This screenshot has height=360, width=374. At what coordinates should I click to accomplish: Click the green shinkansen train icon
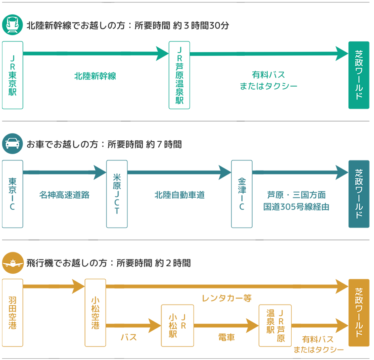pyautogui.click(x=12, y=25)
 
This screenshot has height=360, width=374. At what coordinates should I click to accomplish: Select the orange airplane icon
pyautogui.click(x=12, y=263)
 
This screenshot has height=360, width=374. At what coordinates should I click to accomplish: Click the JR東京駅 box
pyautogui.click(x=12, y=75)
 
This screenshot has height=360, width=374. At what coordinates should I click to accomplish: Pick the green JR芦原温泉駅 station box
pyautogui.click(x=179, y=75)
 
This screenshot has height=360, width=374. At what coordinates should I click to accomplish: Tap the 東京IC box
pyautogui.click(x=12, y=194)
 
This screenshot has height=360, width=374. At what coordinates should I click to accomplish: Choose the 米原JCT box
pyautogui.click(x=117, y=194)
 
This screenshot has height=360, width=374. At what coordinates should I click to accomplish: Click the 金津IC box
pyautogui.click(x=242, y=194)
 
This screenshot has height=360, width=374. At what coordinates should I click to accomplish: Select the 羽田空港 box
pyautogui.click(x=12, y=313)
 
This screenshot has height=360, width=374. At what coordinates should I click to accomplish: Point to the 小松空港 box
pyautogui.click(x=95, y=313)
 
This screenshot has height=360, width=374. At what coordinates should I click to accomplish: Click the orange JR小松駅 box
pyautogui.click(x=177, y=325)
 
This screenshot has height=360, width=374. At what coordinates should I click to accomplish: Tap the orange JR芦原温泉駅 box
pyautogui.click(x=275, y=325)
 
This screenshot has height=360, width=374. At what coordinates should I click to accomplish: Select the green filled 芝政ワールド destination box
pyautogui.click(x=359, y=75)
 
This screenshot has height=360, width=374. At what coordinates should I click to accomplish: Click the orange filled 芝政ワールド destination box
pyautogui.click(x=359, y=313)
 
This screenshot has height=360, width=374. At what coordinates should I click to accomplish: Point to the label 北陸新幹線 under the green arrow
pyautogui.click(x=95, y=76)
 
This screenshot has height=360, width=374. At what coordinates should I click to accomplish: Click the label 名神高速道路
pyautogui.click(x=64, y=195)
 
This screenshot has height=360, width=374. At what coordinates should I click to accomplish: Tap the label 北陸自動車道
pyautogui.click(x=180, y=195)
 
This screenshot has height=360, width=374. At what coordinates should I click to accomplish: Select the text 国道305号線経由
pyautogui.click(x=296, y=207)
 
